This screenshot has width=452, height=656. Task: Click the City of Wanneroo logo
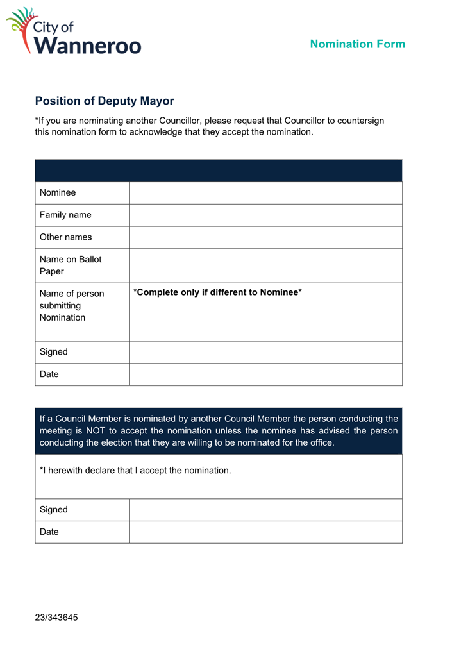[73, 31]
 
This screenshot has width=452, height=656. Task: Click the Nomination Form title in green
[357, 44]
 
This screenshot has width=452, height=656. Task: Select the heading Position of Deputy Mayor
[105, 101]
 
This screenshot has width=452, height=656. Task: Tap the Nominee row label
[58, 193]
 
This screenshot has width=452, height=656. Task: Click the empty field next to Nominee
[265, 193]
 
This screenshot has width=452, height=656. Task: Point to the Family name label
[65, 215]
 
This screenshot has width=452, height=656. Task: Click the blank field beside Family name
[265, 215]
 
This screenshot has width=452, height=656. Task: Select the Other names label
[65, 237]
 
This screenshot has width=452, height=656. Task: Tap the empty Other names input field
[265, 237]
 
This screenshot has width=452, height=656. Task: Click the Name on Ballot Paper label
[71, 265]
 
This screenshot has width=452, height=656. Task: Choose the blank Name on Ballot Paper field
[265, 265]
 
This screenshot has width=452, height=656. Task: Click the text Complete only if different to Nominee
[217, 293]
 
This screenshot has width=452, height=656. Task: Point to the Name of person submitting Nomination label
[71, 306]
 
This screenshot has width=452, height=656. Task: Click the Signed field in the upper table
[265, 352]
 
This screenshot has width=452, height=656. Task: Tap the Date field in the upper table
[265, 374]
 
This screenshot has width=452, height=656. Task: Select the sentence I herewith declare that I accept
[135, 471]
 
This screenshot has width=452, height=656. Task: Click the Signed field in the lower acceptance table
[265, 510]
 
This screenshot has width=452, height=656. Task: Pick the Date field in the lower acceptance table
[265, 532]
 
